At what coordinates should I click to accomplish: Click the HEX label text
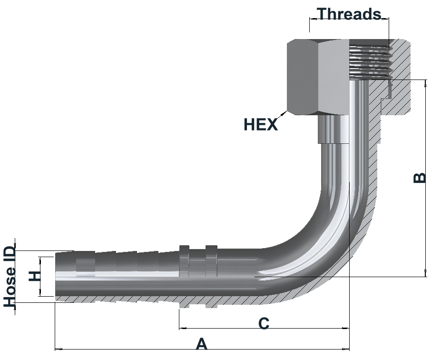click(261, 124)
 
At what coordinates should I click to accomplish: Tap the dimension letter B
click(420, 178)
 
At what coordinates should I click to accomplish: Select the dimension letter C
click(264, 323)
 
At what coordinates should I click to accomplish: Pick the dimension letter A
click(202, 344)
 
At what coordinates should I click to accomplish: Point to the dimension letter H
click(35, 276)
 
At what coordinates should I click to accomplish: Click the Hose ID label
click(10, 276)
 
